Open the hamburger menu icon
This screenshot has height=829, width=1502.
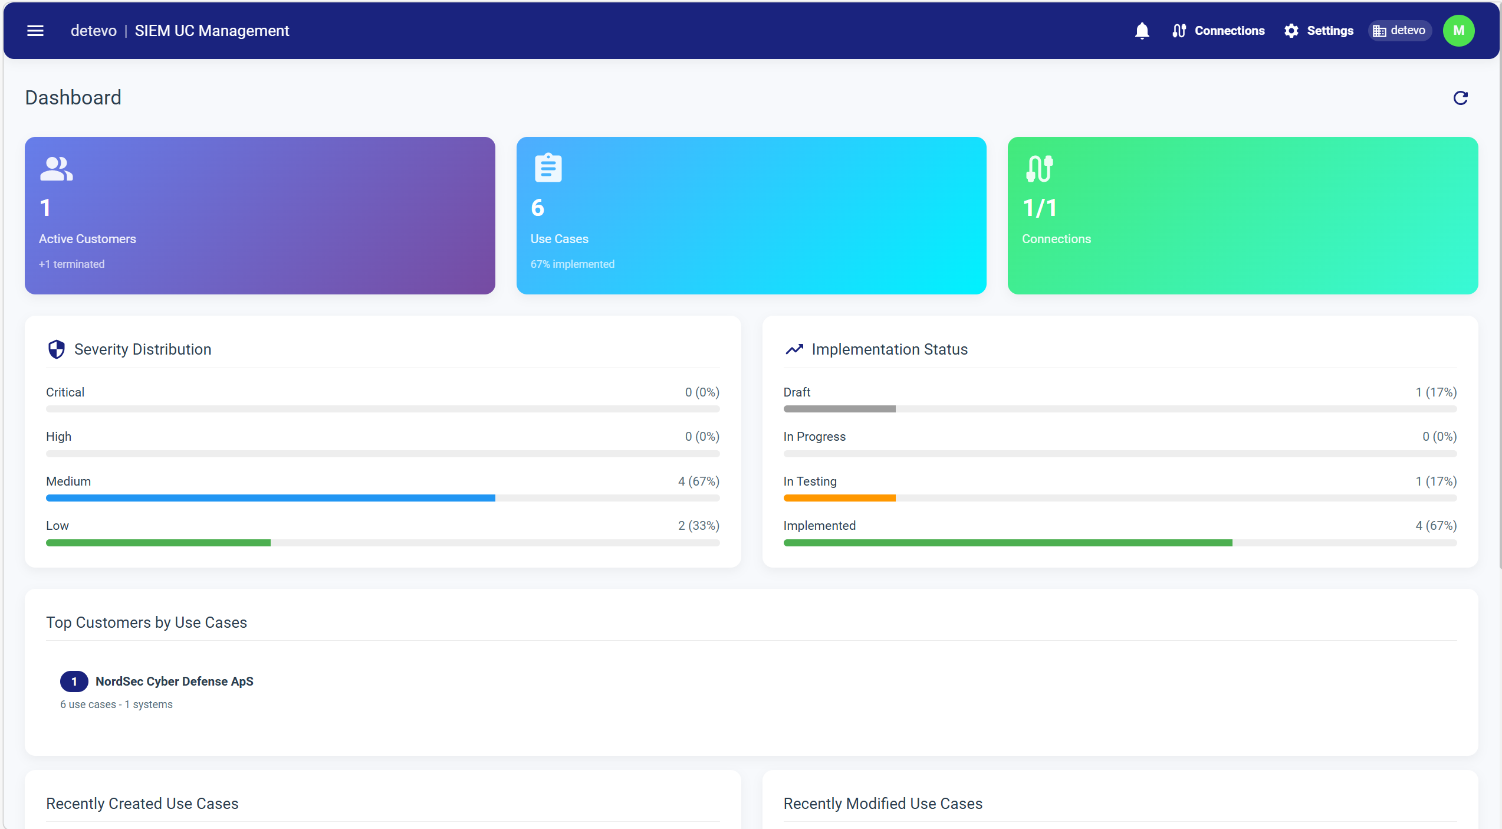35,31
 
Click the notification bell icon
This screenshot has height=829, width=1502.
1142,31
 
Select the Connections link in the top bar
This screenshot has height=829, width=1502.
1218,31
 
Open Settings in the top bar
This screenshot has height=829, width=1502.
1319,31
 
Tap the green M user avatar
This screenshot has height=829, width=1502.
1458,31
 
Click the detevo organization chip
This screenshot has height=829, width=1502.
1399,31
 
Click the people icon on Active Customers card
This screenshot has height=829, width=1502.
57,169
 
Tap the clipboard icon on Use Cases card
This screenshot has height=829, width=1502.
548,168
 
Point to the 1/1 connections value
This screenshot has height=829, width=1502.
1040,208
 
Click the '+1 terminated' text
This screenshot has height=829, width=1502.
72,264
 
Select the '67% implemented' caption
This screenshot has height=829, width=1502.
572,264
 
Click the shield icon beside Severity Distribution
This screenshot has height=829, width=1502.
57,349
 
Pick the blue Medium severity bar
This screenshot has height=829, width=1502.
270,498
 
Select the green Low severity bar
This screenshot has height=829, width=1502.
158,543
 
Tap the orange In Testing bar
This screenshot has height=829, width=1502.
839,498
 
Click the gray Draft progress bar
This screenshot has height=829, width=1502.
839,409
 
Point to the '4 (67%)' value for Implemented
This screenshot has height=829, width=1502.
1435,526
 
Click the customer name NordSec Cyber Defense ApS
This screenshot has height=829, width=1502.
175,681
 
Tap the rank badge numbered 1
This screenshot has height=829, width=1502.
74,681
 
